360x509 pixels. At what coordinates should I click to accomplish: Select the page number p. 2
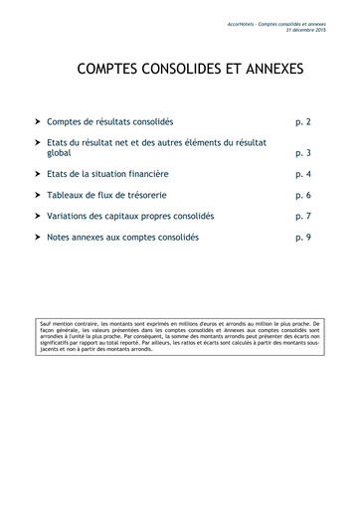[303, 121]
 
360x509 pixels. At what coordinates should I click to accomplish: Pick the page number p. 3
[303, 154]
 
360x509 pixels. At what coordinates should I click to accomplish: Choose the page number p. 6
[303, 196]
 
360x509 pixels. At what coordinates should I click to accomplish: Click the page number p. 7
[303, 217]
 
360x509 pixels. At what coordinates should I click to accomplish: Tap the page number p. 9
[303, 239]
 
